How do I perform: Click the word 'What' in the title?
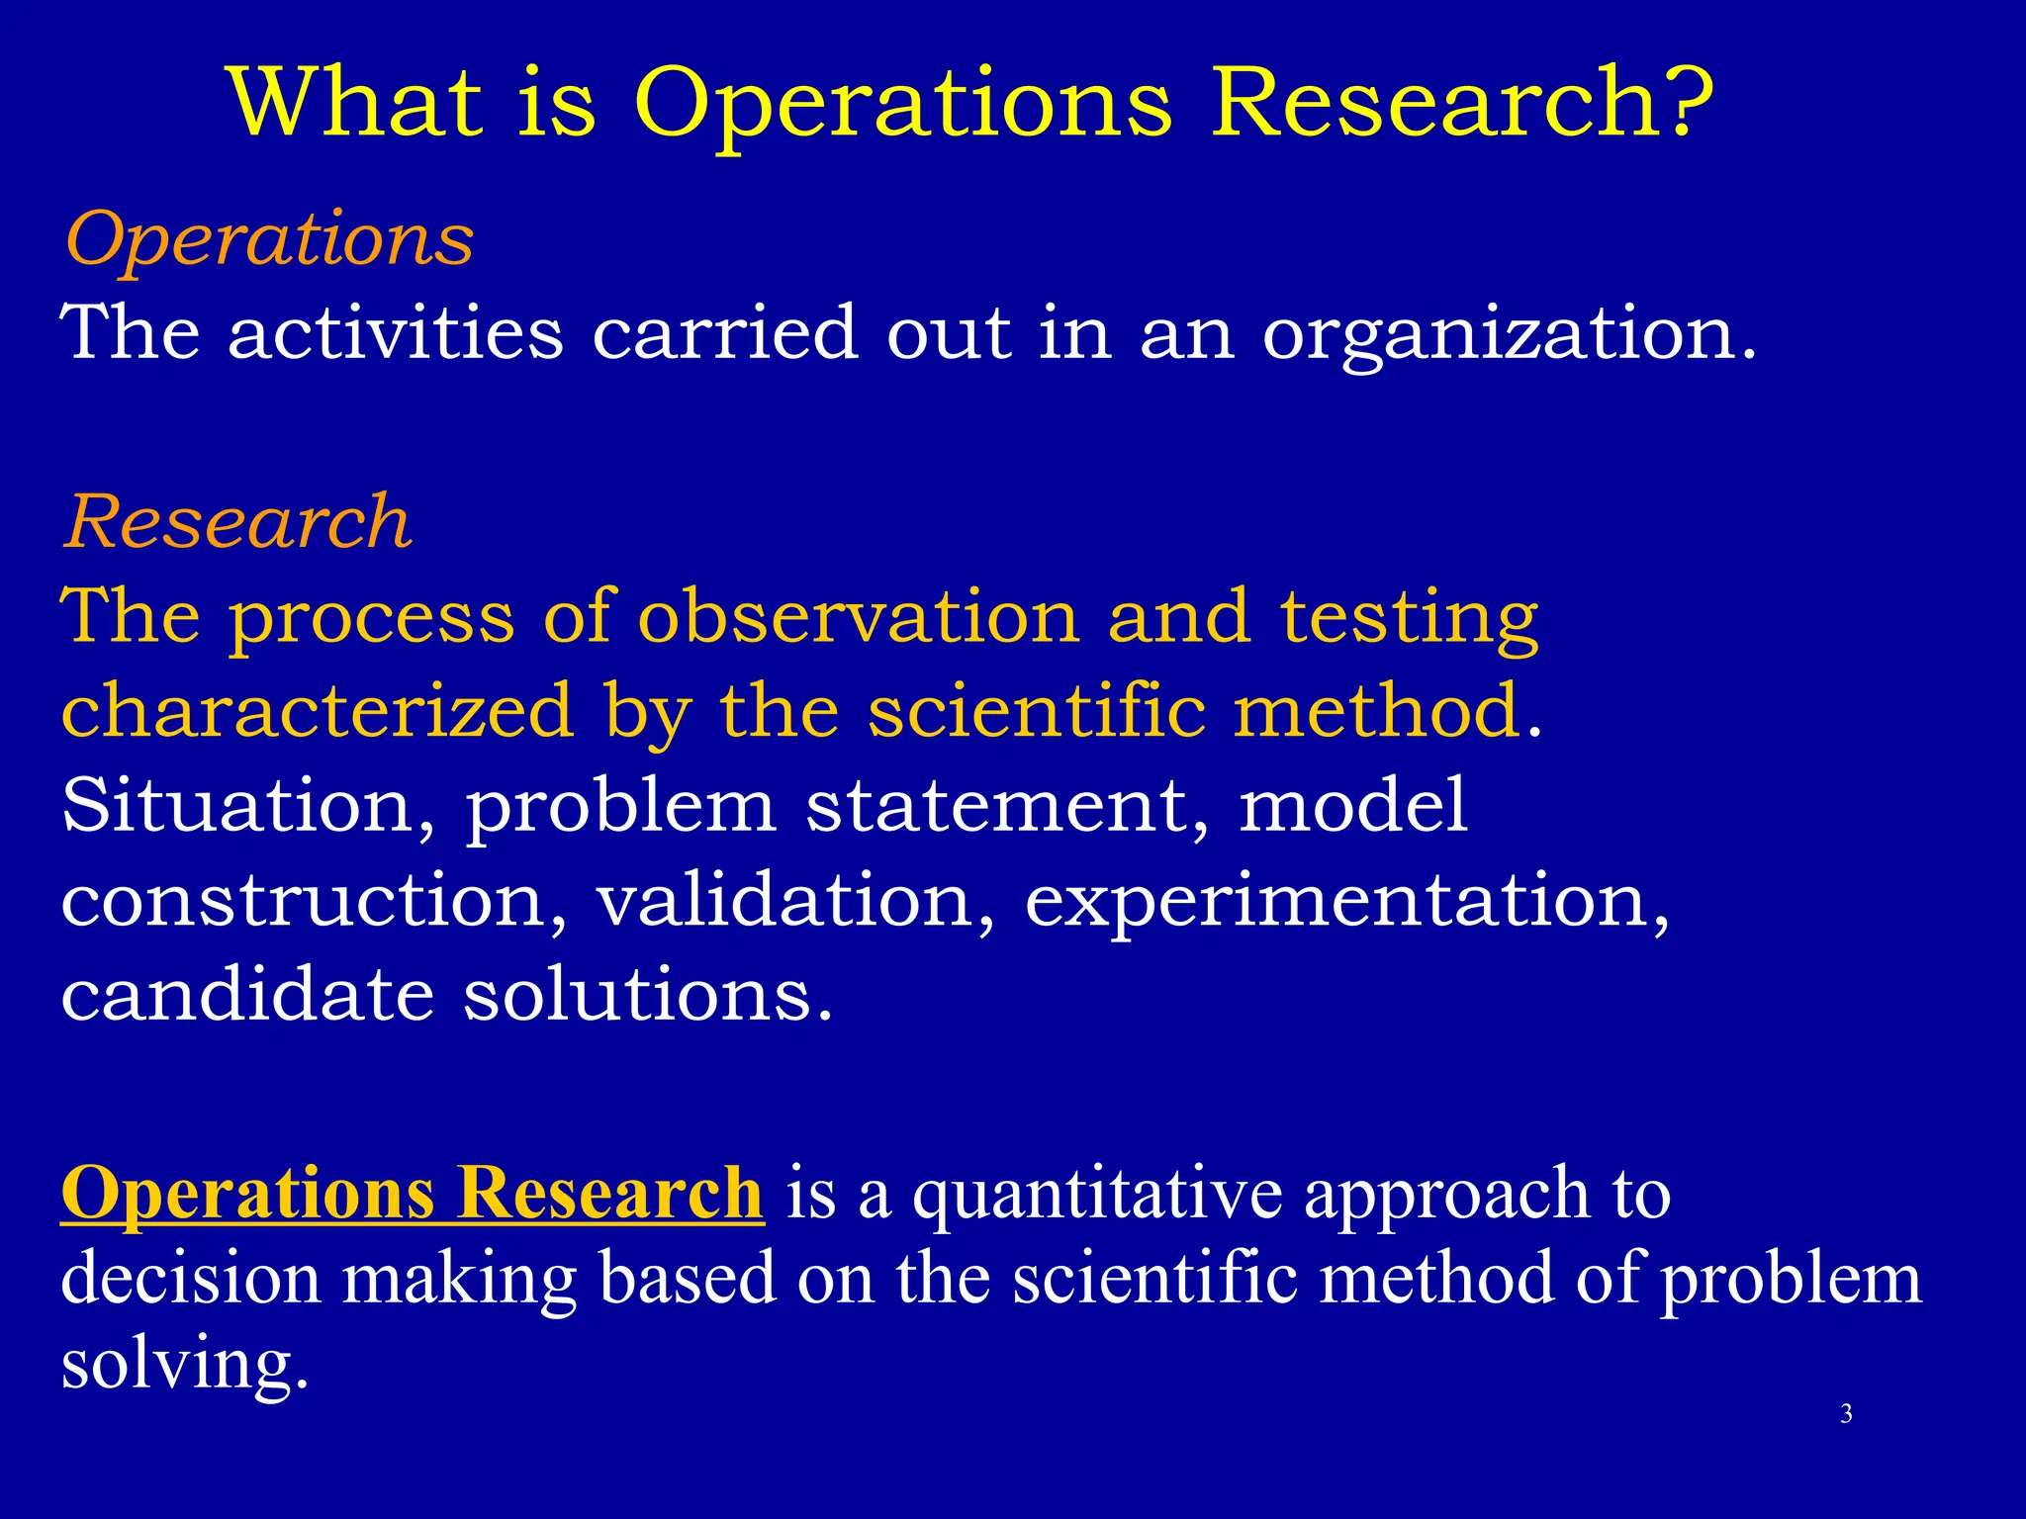356,102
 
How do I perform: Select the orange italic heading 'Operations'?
269,240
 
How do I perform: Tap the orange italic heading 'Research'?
237,522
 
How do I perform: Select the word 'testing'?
1409,619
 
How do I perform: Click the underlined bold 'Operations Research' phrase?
412,1195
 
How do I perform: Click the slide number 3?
1846,1414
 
